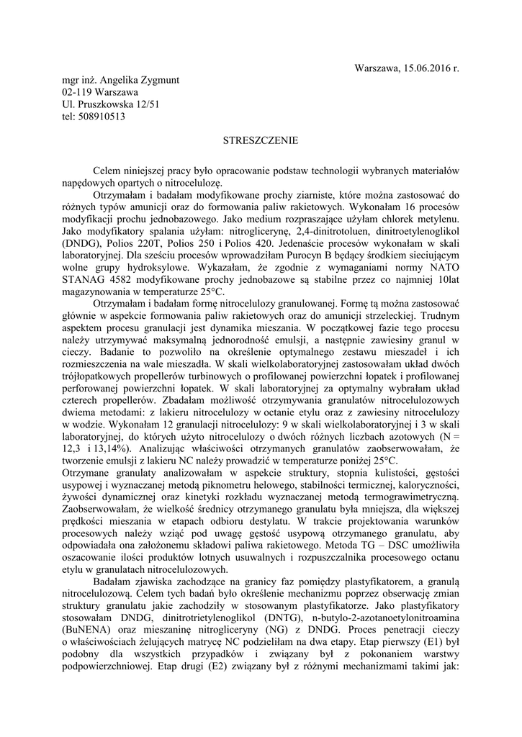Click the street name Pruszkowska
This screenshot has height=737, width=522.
coord(107,104)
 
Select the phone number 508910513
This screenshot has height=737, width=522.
coord(102,117)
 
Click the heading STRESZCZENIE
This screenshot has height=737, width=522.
coord(261,141)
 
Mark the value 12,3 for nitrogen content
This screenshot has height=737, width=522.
coord(73,450)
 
